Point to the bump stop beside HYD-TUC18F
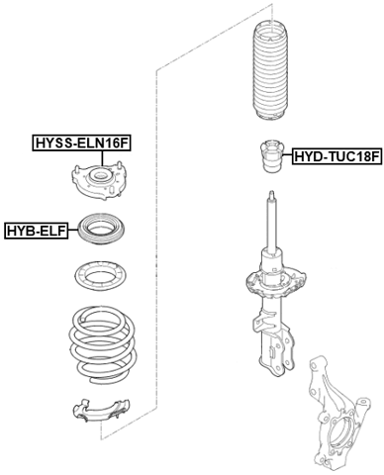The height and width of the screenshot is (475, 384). tap(266, 159)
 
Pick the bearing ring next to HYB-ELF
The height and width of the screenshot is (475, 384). tap(100, 231)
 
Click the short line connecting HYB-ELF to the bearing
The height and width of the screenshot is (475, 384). tap(75, 231)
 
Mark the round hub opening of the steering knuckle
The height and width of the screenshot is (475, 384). tap(336, 432)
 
